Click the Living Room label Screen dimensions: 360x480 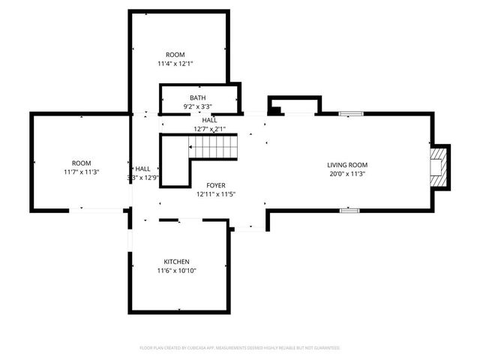(347, 164)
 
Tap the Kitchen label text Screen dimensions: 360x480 (177, 261)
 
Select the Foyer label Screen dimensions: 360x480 (217, 184)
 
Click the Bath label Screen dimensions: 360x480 (197, 97)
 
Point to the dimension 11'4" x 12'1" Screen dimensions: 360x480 (175, 64)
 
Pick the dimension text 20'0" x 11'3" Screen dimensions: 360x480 (347, 174)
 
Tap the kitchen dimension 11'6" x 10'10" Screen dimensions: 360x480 (177, 271)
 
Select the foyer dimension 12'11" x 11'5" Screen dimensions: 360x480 (217, 194)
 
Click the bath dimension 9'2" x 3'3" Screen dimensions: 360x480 (197, 106)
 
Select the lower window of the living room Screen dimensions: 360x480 (348, 211)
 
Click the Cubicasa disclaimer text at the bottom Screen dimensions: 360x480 (240, 348)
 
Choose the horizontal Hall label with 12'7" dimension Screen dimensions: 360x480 (210, 120)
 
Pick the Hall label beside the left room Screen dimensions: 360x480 (142, 169)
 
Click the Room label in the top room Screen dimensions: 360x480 (175, 55)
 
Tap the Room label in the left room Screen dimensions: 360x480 (81, 163)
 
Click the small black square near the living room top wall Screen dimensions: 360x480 (274, 111)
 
